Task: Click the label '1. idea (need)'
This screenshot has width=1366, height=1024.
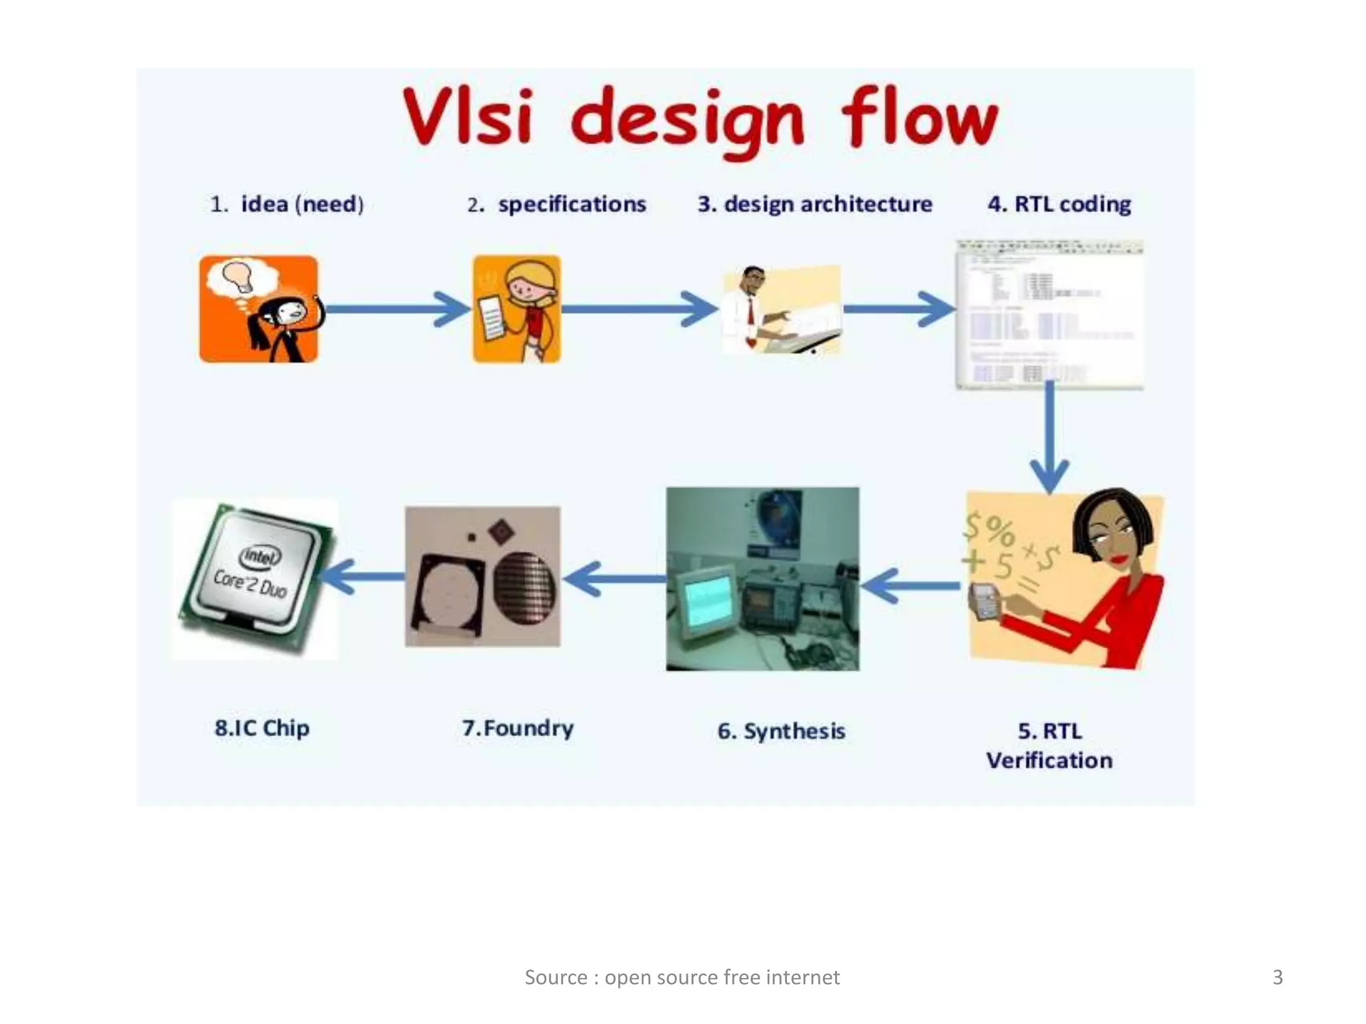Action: pos(287,204)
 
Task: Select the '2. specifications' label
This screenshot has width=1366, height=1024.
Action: pos(556,204)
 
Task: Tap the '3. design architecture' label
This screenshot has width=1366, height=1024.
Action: pos(814,204)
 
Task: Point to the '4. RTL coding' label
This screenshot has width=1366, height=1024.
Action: pos(1059,204)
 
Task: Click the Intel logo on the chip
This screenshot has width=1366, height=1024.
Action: pos(261,555)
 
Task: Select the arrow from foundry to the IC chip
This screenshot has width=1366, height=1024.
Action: pos(364,577)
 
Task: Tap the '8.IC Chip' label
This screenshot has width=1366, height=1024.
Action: pos(262,727)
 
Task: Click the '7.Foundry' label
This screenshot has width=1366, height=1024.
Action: pos(518,727)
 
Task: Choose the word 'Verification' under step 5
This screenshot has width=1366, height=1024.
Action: pos(1049,760)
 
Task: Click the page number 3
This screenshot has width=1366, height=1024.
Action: pos(1277,977)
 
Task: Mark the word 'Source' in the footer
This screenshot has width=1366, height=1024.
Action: pos(556,977)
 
